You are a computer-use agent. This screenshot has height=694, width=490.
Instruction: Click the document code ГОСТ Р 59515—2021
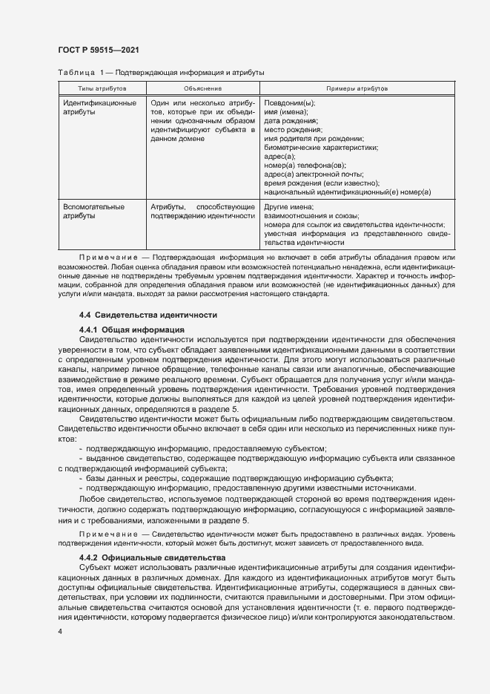98,50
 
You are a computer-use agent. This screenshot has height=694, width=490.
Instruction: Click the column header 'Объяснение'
202,88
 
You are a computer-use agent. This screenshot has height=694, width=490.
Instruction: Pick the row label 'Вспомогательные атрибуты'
94,211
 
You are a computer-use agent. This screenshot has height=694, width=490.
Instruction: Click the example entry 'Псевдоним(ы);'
290,102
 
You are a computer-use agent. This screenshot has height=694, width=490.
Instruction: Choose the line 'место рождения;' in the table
294,129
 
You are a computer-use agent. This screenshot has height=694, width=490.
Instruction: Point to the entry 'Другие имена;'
289,206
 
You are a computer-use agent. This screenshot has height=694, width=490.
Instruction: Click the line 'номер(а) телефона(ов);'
305,165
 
